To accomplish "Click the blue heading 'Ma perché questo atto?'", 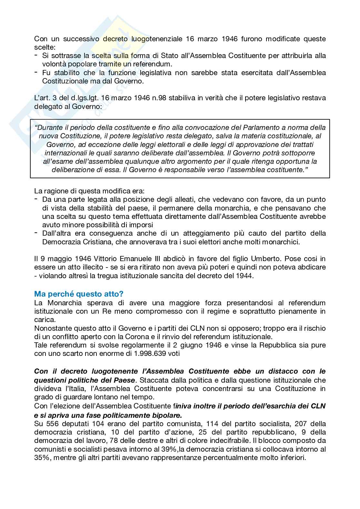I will click(x=79, y=294).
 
